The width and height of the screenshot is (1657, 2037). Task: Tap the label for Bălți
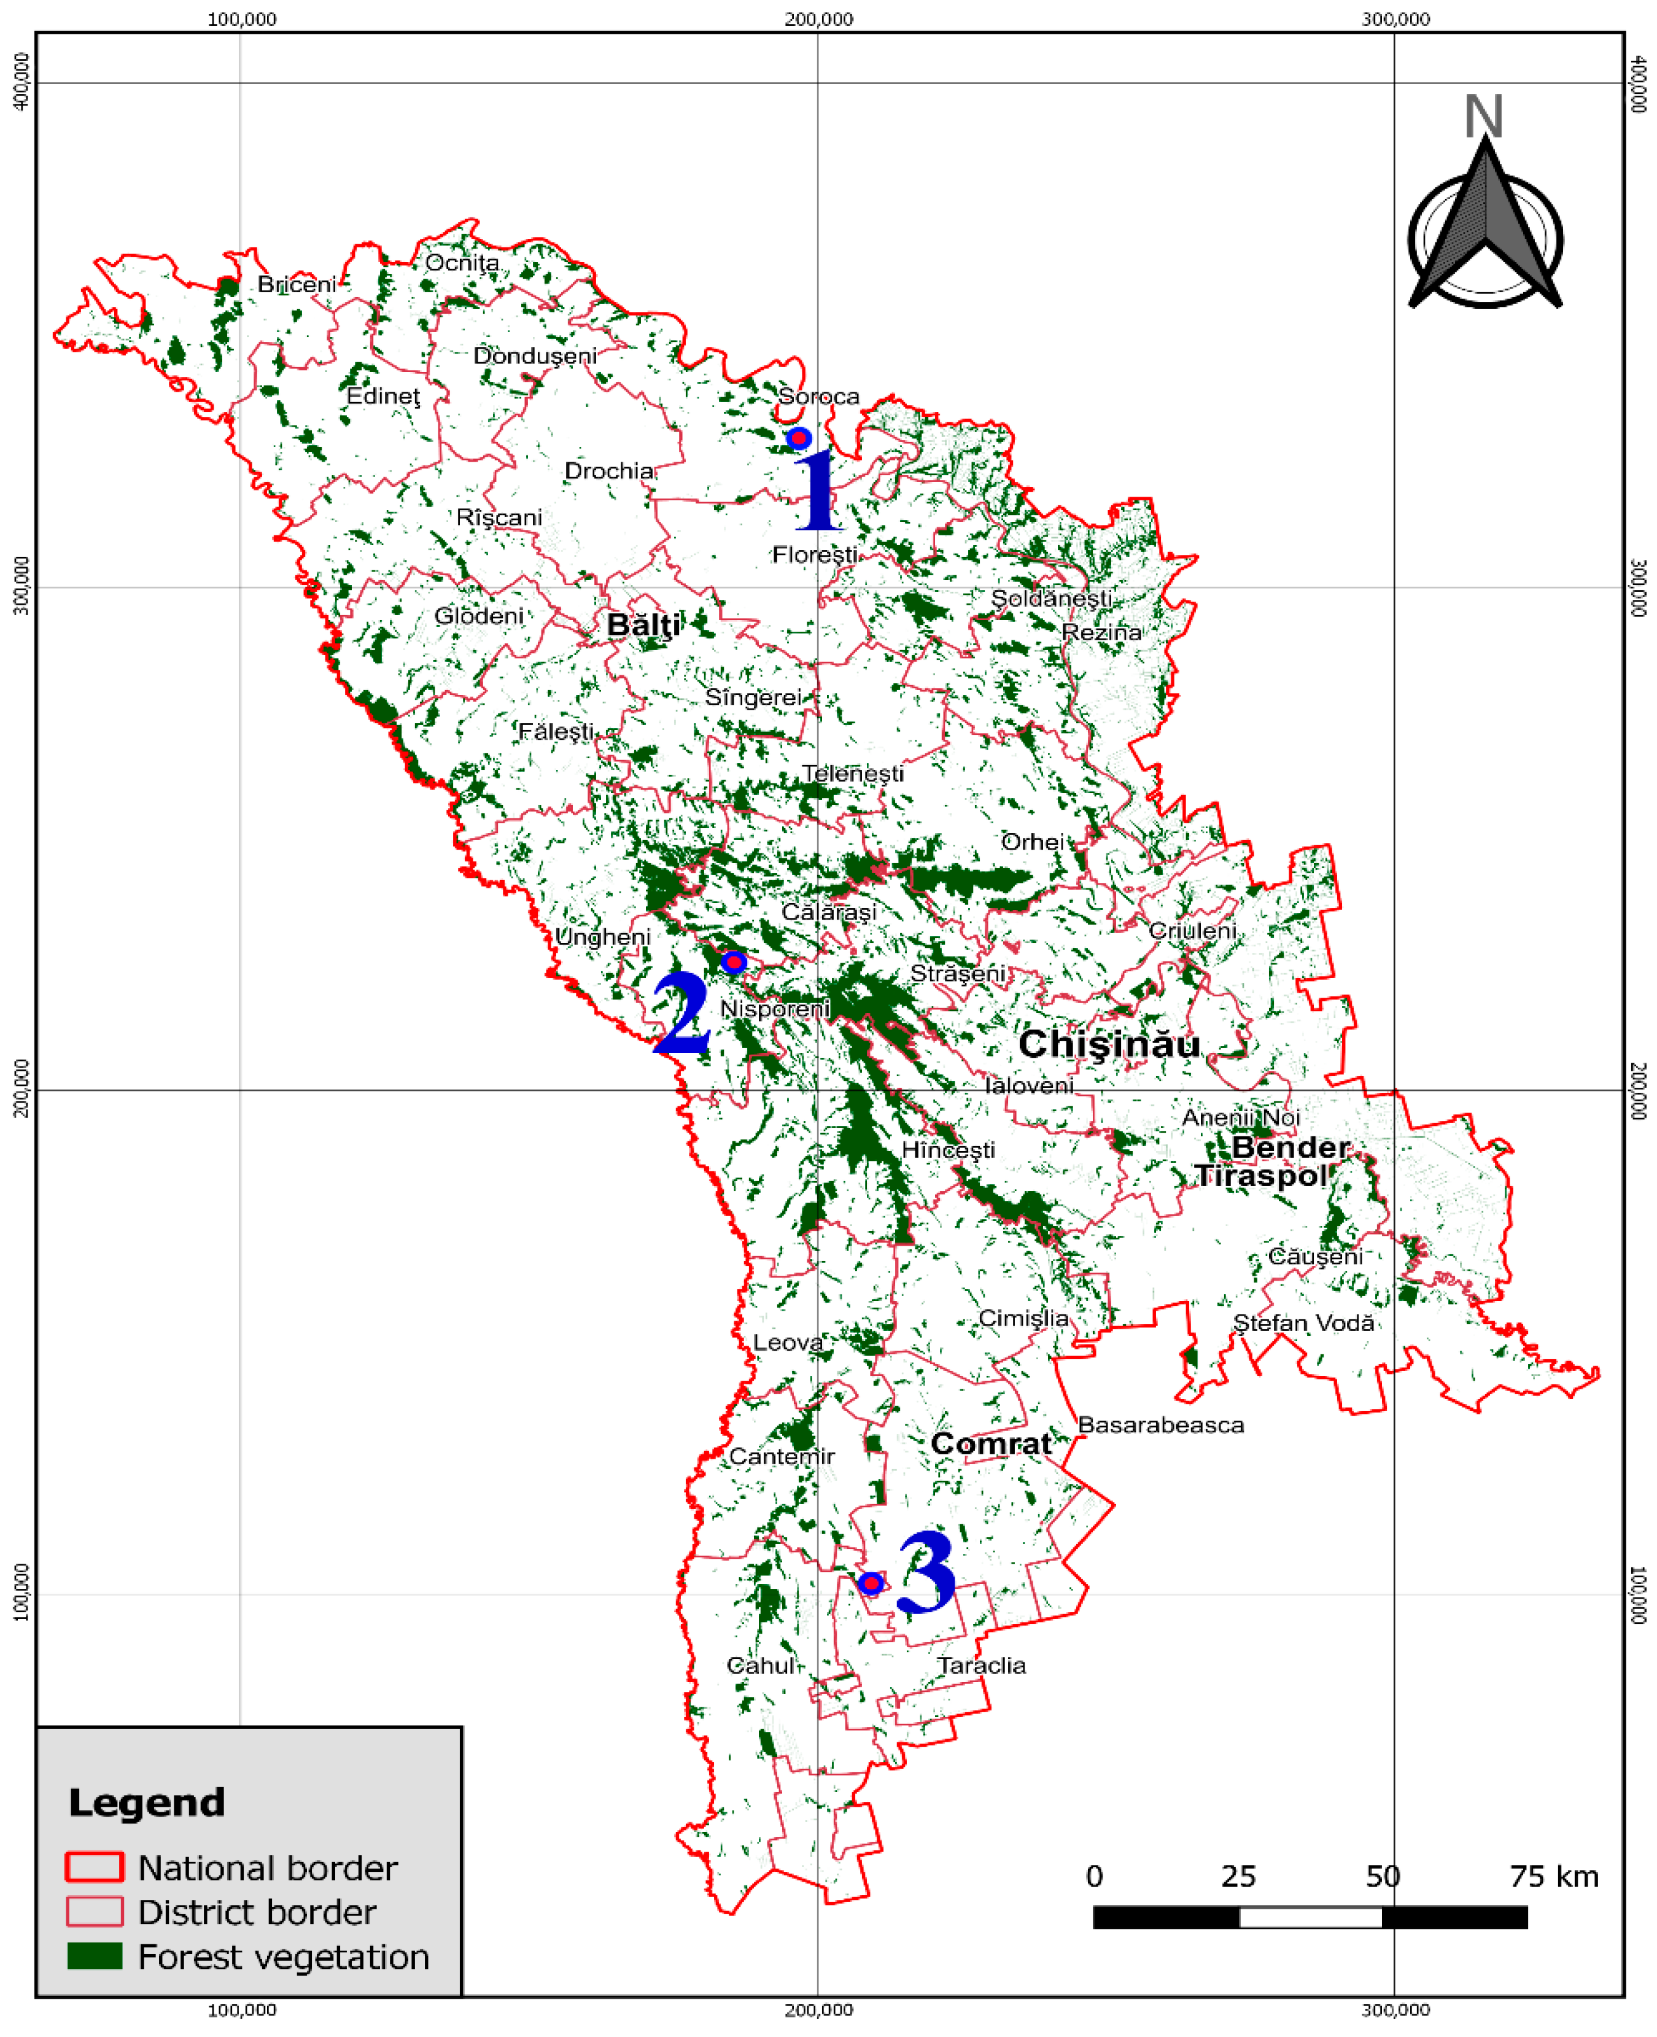click(644, 625)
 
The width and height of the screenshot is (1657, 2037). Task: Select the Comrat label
click(991, 1444)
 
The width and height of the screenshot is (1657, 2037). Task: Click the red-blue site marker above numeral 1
click(799, 438)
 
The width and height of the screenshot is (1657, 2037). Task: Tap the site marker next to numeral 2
click(733, 961)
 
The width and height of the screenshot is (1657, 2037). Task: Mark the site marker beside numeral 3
click(871, 1583)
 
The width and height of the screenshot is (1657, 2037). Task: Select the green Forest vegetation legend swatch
click(95, 1956)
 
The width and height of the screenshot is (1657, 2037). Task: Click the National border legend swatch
click(95, 1867)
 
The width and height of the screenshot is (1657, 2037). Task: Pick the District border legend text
click(257, 1912)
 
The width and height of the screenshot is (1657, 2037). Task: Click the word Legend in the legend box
click(147, 1802)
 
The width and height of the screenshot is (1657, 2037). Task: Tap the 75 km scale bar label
click(1553, 1877)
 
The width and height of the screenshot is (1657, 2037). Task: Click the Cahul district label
click(760, 1666)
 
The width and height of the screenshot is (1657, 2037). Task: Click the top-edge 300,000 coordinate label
click(1394, 19)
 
